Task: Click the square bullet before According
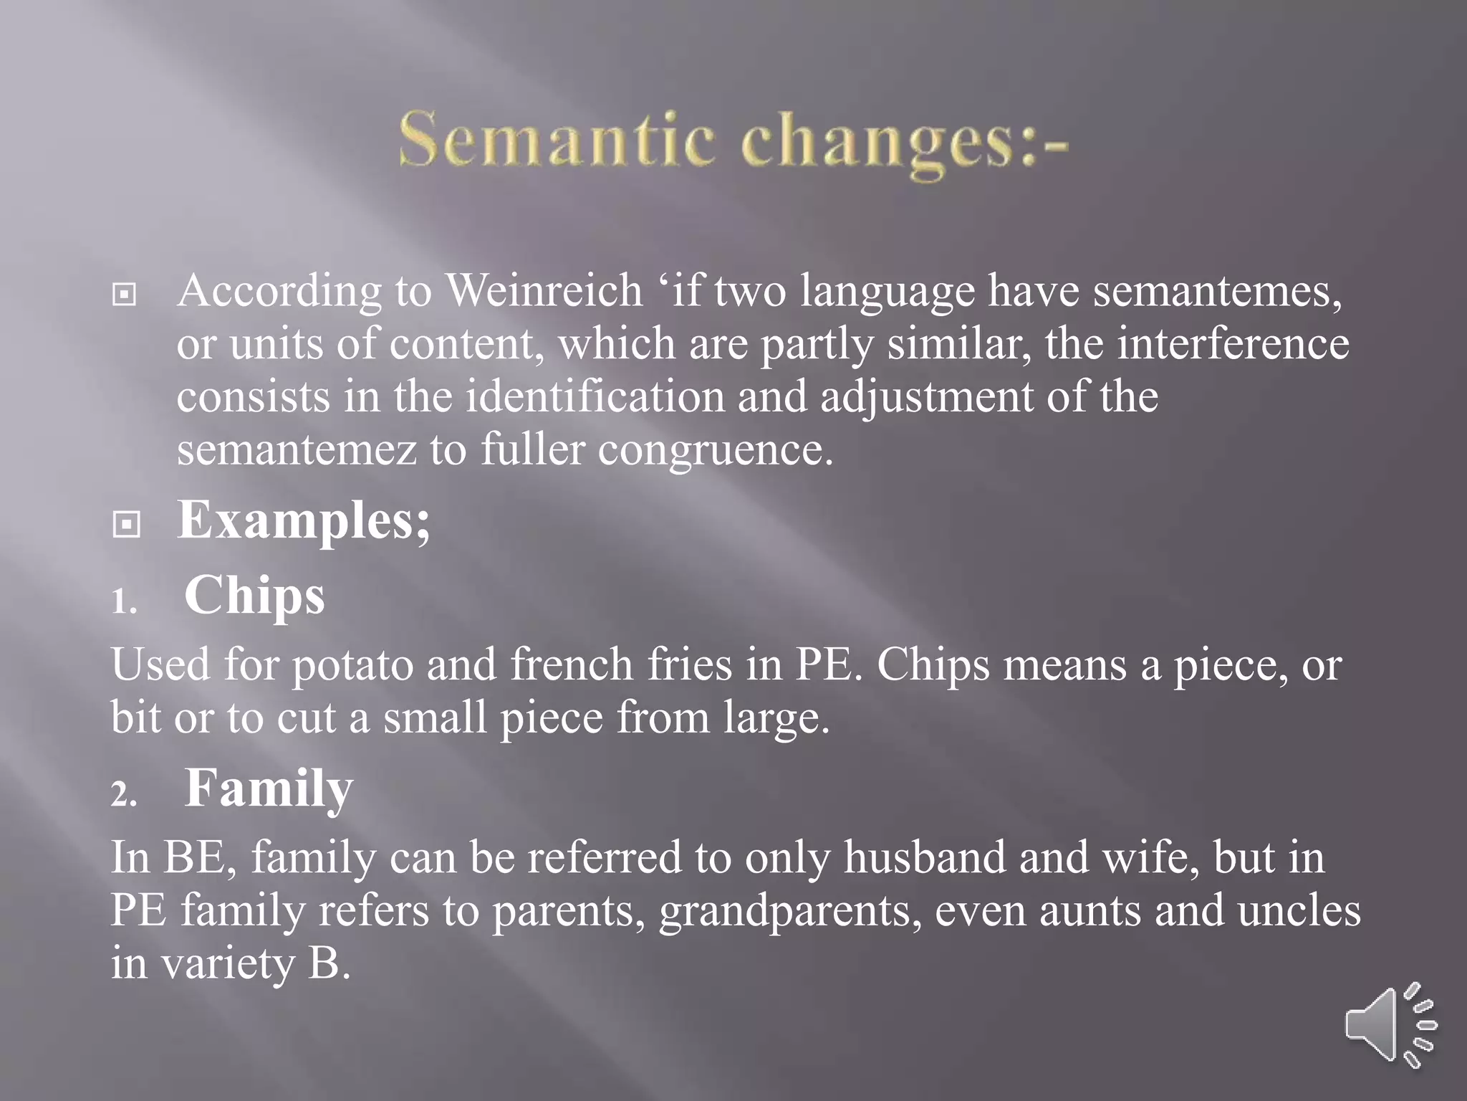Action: click(125, 294)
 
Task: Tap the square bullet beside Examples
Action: click(126, 525)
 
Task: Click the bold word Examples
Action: click(303, 520)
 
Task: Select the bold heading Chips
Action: click(254, 596)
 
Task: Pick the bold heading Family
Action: click(269, 788)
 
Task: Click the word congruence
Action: click(715, 451)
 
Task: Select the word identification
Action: click(595, 396)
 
